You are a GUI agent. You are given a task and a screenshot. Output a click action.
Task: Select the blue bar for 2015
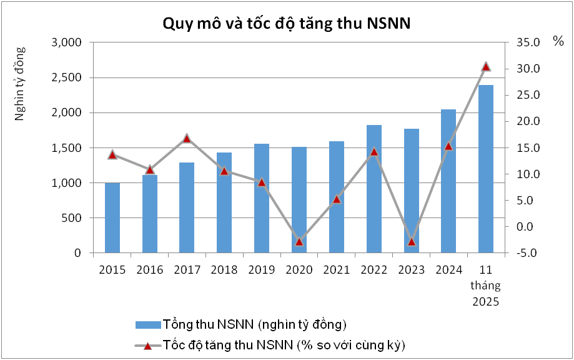point(112,218)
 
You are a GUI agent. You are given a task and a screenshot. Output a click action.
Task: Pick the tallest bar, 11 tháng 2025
point(486,169)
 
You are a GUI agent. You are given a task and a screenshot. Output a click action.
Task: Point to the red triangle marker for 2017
point(187,138)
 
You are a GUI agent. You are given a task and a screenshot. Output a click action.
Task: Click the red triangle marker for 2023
point(411,241)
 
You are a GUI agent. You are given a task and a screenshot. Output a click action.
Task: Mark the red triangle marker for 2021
point(336,199)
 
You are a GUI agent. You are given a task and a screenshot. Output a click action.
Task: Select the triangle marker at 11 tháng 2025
point(486,66)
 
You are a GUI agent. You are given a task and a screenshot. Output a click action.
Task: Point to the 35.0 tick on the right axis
point(527,42)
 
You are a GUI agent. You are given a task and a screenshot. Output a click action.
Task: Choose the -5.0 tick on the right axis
point(527,253)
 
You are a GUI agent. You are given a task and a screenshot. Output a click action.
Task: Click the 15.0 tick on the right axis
point(527,148)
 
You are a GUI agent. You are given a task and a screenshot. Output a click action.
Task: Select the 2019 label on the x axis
point(262,269)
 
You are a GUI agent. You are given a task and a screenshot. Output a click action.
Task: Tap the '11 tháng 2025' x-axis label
point(486,285)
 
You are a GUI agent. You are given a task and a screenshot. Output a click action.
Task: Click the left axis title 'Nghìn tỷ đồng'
point(20,82)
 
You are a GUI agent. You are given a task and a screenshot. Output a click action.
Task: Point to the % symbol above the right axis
point(558,41)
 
